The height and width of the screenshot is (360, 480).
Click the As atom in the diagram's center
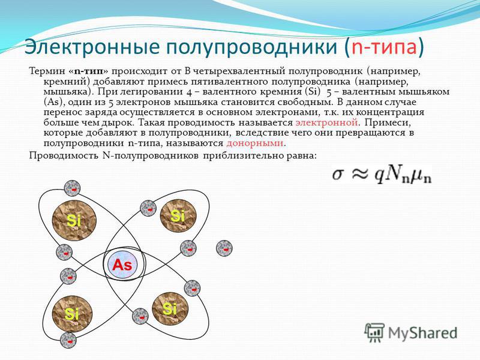tap(122, 265)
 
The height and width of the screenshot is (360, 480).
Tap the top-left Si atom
tap(74, 220)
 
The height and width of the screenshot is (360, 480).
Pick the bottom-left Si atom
tap(73, 314)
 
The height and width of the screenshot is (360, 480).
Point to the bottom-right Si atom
tap(170, 308)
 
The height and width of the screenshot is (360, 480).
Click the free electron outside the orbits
tap(224, 248)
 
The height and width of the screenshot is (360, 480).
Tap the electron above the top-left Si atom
tap(72, 188)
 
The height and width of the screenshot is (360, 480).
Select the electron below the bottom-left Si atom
tap(68, 340)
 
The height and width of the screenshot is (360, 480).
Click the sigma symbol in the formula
tap(338, 175)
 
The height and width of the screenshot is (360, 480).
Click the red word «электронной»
tap(326, 123)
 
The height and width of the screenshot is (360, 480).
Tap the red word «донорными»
tap(254, 143)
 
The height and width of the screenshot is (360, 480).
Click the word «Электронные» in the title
tap(92, 47)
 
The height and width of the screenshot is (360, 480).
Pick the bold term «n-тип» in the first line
tap(91, 71)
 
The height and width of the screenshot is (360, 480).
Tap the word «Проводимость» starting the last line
tap(64, 155)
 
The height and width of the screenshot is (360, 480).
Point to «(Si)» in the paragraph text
tap(312, 92)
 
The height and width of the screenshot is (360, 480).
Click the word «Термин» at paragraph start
tap(47, 71)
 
